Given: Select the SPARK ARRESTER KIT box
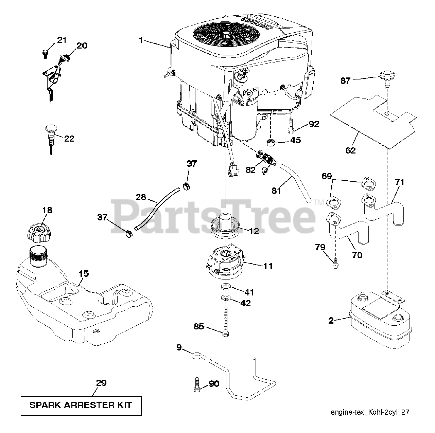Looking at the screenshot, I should click(x=81, y=405).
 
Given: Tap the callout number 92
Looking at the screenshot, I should click(x=314, y=124).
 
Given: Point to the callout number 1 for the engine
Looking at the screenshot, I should click(x=140, y=40).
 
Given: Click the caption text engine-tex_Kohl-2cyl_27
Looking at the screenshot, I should click(x=369, y=412).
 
